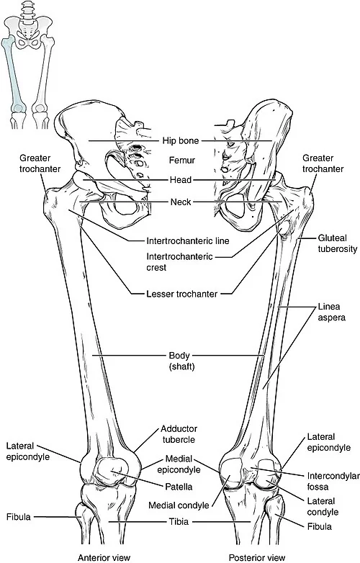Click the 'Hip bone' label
click(181, 140)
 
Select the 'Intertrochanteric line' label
click(188, 240)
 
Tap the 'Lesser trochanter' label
click(182, 294)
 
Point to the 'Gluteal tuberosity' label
click(338, 243)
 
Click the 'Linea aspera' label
click(331, 312)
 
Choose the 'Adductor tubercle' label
click(179, 434)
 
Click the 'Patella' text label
click(179, 487)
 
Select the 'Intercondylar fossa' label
click(333, 481)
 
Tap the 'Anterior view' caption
click(104, 557)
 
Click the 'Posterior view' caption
click(257, 557)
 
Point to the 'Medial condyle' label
click(179, 505)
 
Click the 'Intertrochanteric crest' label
click(179, 262)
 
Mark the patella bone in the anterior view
click(111, 472)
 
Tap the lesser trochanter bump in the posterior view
click(284, 228)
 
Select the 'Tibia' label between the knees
click(179, 521)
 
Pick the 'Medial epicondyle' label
click(179, 464)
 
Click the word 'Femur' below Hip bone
click(182, 160)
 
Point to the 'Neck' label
click(181, 202)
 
